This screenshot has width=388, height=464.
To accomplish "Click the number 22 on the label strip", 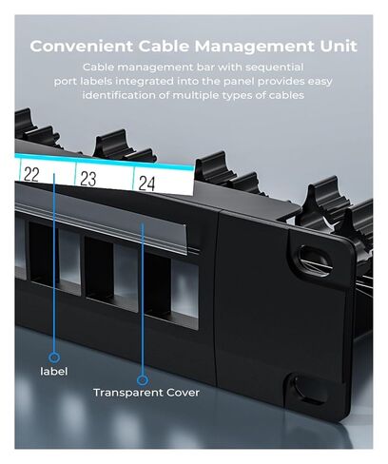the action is tap(31, 174).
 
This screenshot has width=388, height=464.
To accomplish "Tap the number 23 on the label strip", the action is tap(87, 179).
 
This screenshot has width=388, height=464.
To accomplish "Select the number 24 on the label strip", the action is tap(146, 184).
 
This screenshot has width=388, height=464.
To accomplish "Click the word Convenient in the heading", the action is tap(82, 47).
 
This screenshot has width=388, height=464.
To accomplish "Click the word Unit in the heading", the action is tap(339, 47).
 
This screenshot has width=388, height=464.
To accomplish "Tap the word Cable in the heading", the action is tap(164, 47).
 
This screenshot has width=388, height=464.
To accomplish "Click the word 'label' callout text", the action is tap(54, 371).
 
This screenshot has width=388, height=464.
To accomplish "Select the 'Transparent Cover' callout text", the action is tap(146, 393).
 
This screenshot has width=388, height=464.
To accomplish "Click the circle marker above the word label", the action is tap(54, 358).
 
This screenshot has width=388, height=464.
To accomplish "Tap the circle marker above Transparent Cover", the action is tap(143, 379).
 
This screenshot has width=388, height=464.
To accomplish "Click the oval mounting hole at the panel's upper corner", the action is tap(314, 257).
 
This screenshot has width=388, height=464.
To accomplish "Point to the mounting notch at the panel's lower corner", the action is tap(302, 389).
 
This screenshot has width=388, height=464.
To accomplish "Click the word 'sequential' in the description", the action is tap(275, 68).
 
